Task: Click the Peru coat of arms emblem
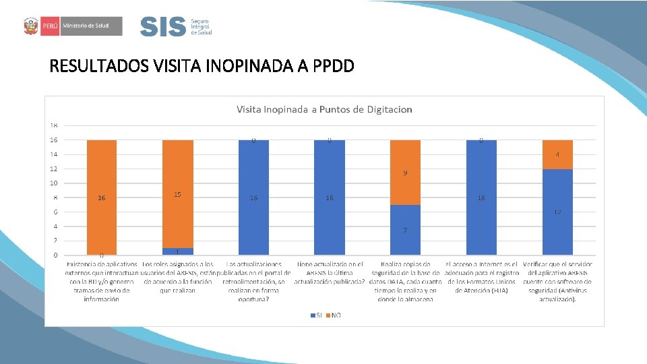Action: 30,26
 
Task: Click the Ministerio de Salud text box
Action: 91,26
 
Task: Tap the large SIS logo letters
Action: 162,27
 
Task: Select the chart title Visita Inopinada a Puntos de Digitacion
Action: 323,109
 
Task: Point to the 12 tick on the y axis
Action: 53,169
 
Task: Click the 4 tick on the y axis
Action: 53,226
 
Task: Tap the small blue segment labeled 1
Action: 178,251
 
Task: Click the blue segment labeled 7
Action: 405,230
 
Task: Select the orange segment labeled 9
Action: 405,173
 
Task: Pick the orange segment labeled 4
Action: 557,154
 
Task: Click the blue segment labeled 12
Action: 557,212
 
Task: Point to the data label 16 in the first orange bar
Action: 101,198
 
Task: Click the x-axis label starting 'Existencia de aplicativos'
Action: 102,281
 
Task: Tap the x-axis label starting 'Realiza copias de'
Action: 405,281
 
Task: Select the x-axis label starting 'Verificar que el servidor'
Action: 557,281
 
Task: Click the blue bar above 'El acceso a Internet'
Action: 481,198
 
